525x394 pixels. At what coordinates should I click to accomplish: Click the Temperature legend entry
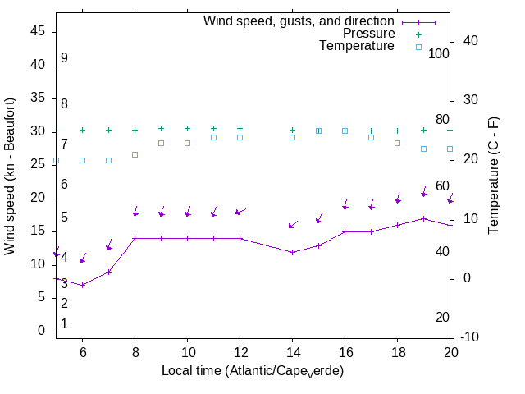click(x=357, y=47)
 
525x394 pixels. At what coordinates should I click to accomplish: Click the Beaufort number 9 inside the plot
click(x=64, y=58)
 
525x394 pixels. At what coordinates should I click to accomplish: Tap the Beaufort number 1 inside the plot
click(x=64, y=324)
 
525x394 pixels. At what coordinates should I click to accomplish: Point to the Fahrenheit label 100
click(x=439, y=53)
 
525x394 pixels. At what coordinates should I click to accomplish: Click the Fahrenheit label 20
click(x=442, y=318)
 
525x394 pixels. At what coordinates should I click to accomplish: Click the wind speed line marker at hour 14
click(x=292, y=252)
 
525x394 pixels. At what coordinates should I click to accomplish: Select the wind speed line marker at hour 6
click(x=82, y=285)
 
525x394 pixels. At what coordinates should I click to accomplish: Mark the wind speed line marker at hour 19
click(x=423, y=218)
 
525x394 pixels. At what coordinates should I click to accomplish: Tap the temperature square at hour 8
click(x=135, y=154)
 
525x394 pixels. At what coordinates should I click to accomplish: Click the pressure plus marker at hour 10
click(x=187, y=128)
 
